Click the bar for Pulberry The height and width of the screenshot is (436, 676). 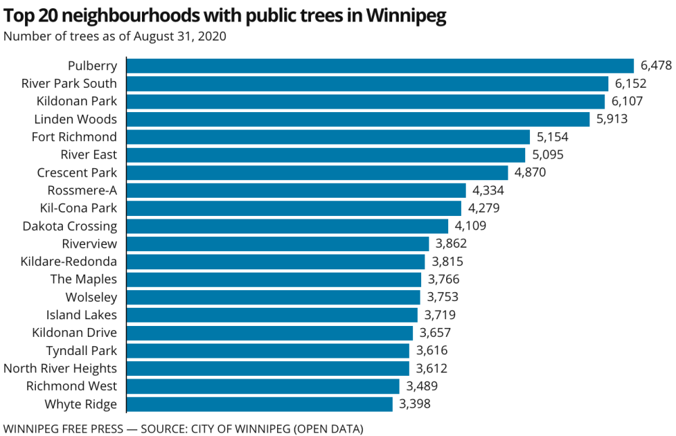click(380, 65)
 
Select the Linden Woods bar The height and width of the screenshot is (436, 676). click(358, 119)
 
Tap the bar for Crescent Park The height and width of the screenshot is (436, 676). click(317, 173)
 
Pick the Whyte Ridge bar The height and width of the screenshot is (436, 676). click(260, 404)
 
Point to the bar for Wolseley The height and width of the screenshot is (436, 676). click(274, 297)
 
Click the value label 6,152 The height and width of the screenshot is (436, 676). click(631, 84)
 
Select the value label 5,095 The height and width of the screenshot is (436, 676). click(547, 155)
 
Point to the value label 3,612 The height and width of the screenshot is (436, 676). click(431, 369)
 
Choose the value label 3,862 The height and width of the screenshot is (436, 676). click(451, 244)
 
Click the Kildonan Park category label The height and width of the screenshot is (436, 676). click(76, 101)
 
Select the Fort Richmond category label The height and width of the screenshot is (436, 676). click(74, 137)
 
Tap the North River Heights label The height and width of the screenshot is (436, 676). click(60, 369)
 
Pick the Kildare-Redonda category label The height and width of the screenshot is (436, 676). click(69, 262)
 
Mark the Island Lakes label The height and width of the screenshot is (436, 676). click(81, 315)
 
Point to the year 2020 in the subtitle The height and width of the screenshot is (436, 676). click(212, 36)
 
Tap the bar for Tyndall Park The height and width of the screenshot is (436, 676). click(268, 351)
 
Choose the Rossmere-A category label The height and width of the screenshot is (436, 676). click(82, 190)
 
